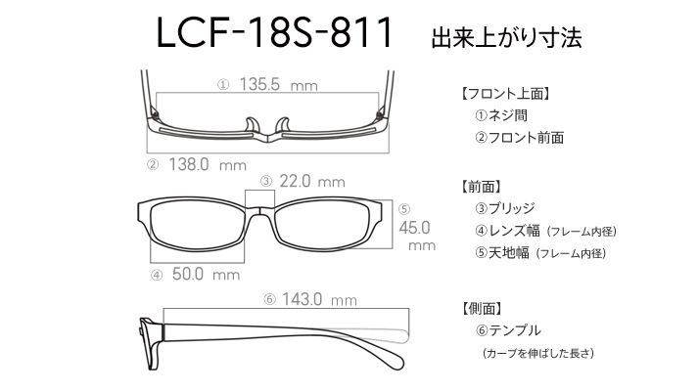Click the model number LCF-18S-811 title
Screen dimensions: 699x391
[274, 32]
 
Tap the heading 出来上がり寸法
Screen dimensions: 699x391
[506, 38]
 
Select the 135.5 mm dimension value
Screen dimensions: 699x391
[278, 84]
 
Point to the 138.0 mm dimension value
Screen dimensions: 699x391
[208, 165]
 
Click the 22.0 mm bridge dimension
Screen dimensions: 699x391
[312, 181]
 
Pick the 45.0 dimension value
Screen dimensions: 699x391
[414, 228]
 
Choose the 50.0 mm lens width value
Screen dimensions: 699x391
[206, 274]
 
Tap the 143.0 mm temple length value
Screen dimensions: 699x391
[319, 299]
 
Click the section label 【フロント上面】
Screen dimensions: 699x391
[505, 94]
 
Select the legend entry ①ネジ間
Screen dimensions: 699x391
[501, 115]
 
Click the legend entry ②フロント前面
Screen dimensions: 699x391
[519, 138]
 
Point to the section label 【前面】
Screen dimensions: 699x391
[481, 187]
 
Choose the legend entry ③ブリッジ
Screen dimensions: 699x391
[505, 208]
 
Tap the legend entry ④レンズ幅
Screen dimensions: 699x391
[507, 231]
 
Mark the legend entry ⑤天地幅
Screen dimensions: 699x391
[502, 253]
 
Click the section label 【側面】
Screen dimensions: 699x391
[481, 308]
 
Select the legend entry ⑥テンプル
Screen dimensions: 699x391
[508, 330]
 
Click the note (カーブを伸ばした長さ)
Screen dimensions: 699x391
[538, 353]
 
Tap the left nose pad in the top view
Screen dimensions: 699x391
[253, 125]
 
